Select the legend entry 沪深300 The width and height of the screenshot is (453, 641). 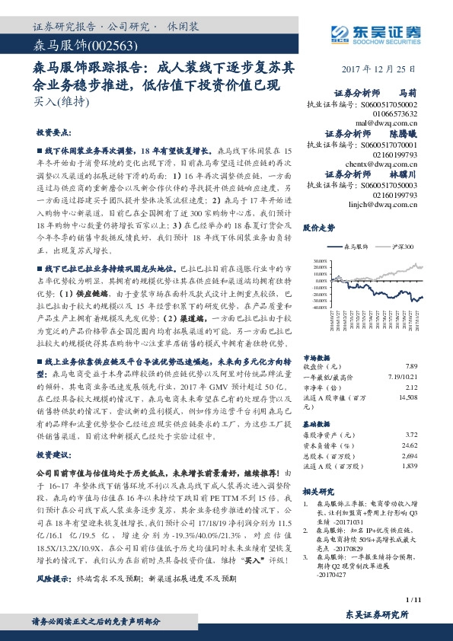(x=400, y=247)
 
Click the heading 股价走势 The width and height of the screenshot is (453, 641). (x=318, y=227)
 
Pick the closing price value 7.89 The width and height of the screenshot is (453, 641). (x=412, y=365)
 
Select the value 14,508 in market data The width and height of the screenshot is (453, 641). (x=407, y=397)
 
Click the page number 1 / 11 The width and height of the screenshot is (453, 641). (x=413, y=601)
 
